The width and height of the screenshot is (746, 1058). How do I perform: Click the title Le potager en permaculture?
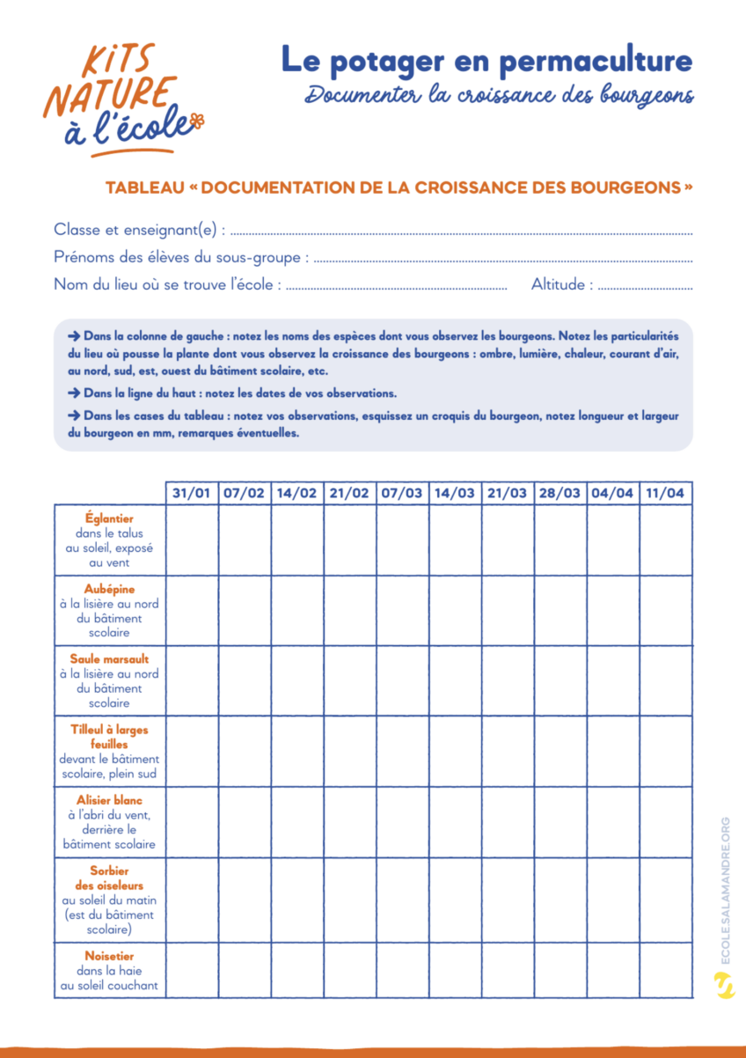click(486, 60)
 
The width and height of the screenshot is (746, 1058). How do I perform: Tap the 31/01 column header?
click(192, 493)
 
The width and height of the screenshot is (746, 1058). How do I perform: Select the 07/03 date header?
click(402, 493)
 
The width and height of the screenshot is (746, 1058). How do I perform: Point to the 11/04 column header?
click(665, 493)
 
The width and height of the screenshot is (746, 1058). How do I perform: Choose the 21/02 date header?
click(349, 493)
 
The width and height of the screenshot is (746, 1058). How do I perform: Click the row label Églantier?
click(110, 519)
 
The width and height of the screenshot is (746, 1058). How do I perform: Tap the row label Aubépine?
click(110, 590)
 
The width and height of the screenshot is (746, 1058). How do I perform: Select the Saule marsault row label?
click(110, 659)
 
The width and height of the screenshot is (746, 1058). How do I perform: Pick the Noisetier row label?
click(110, 956)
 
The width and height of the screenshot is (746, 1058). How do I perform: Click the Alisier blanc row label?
click(110, 800)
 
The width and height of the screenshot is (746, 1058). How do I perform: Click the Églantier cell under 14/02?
click(297, 540)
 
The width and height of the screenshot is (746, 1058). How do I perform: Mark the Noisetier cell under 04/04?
click(612, 970)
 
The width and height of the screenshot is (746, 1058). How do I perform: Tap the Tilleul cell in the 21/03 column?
click(508, 751)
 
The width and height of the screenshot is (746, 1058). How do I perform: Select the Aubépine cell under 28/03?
click(560, 611)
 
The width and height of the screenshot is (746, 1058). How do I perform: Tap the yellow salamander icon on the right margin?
click(725, 986)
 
